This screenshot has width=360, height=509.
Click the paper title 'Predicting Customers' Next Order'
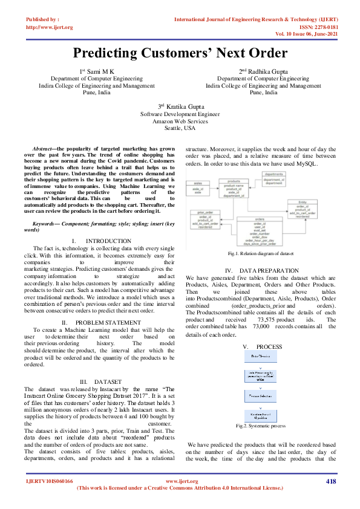coord(180,53)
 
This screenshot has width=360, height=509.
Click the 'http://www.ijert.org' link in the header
coord(49,27)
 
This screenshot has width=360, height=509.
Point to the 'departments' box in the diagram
coord(274,177)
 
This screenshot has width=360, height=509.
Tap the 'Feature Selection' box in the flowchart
coord(260,395)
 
